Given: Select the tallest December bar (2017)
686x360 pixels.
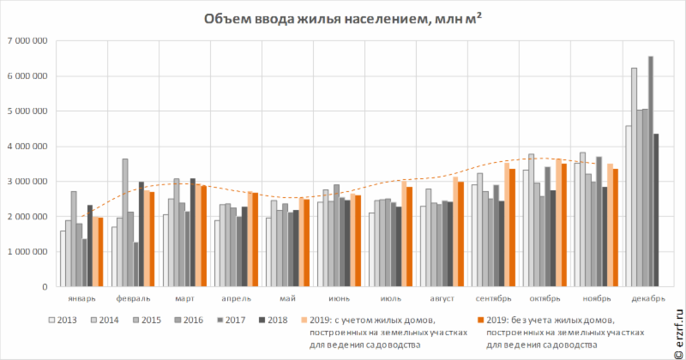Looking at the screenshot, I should (651, 171).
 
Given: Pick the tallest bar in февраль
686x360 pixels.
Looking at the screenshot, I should (124, 223).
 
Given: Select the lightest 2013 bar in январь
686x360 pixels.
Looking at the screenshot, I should (63, 258).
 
